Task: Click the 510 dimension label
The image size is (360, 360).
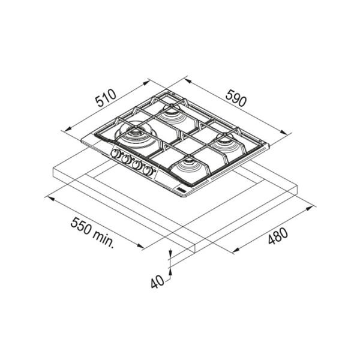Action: tap(106, 98)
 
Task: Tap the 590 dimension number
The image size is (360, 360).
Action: tap(236, 98)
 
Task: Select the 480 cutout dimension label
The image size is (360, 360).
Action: tap(278, 236)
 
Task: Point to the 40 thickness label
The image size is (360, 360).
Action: tap(157, 282)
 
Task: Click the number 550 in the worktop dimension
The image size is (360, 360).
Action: tap(80, 226)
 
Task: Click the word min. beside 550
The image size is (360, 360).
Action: tap(104, 239)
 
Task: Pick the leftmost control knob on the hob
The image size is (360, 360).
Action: tap(115, 154)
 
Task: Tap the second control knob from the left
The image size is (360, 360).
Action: tap(126, 159)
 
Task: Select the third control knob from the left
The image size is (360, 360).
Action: tap(137, 165)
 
